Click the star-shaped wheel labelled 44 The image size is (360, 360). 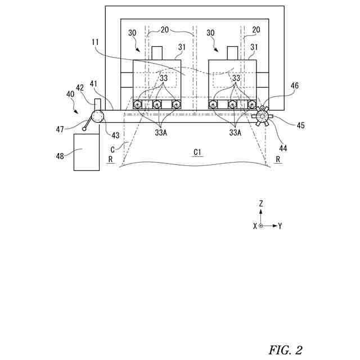[x=262, y=116]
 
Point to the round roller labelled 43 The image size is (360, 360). [x=98, y=116]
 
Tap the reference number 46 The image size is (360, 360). [x=295, y=85]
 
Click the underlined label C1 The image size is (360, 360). [x=198, y=152]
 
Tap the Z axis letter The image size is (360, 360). [x=261, y=204]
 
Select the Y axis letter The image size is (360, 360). [x=280, y=226]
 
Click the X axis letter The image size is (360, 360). [x=255, y=226]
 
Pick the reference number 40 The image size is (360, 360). [x=70, y=95]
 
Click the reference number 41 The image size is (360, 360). [x=93, y=84]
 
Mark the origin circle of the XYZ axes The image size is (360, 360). [x=261, y=226]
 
